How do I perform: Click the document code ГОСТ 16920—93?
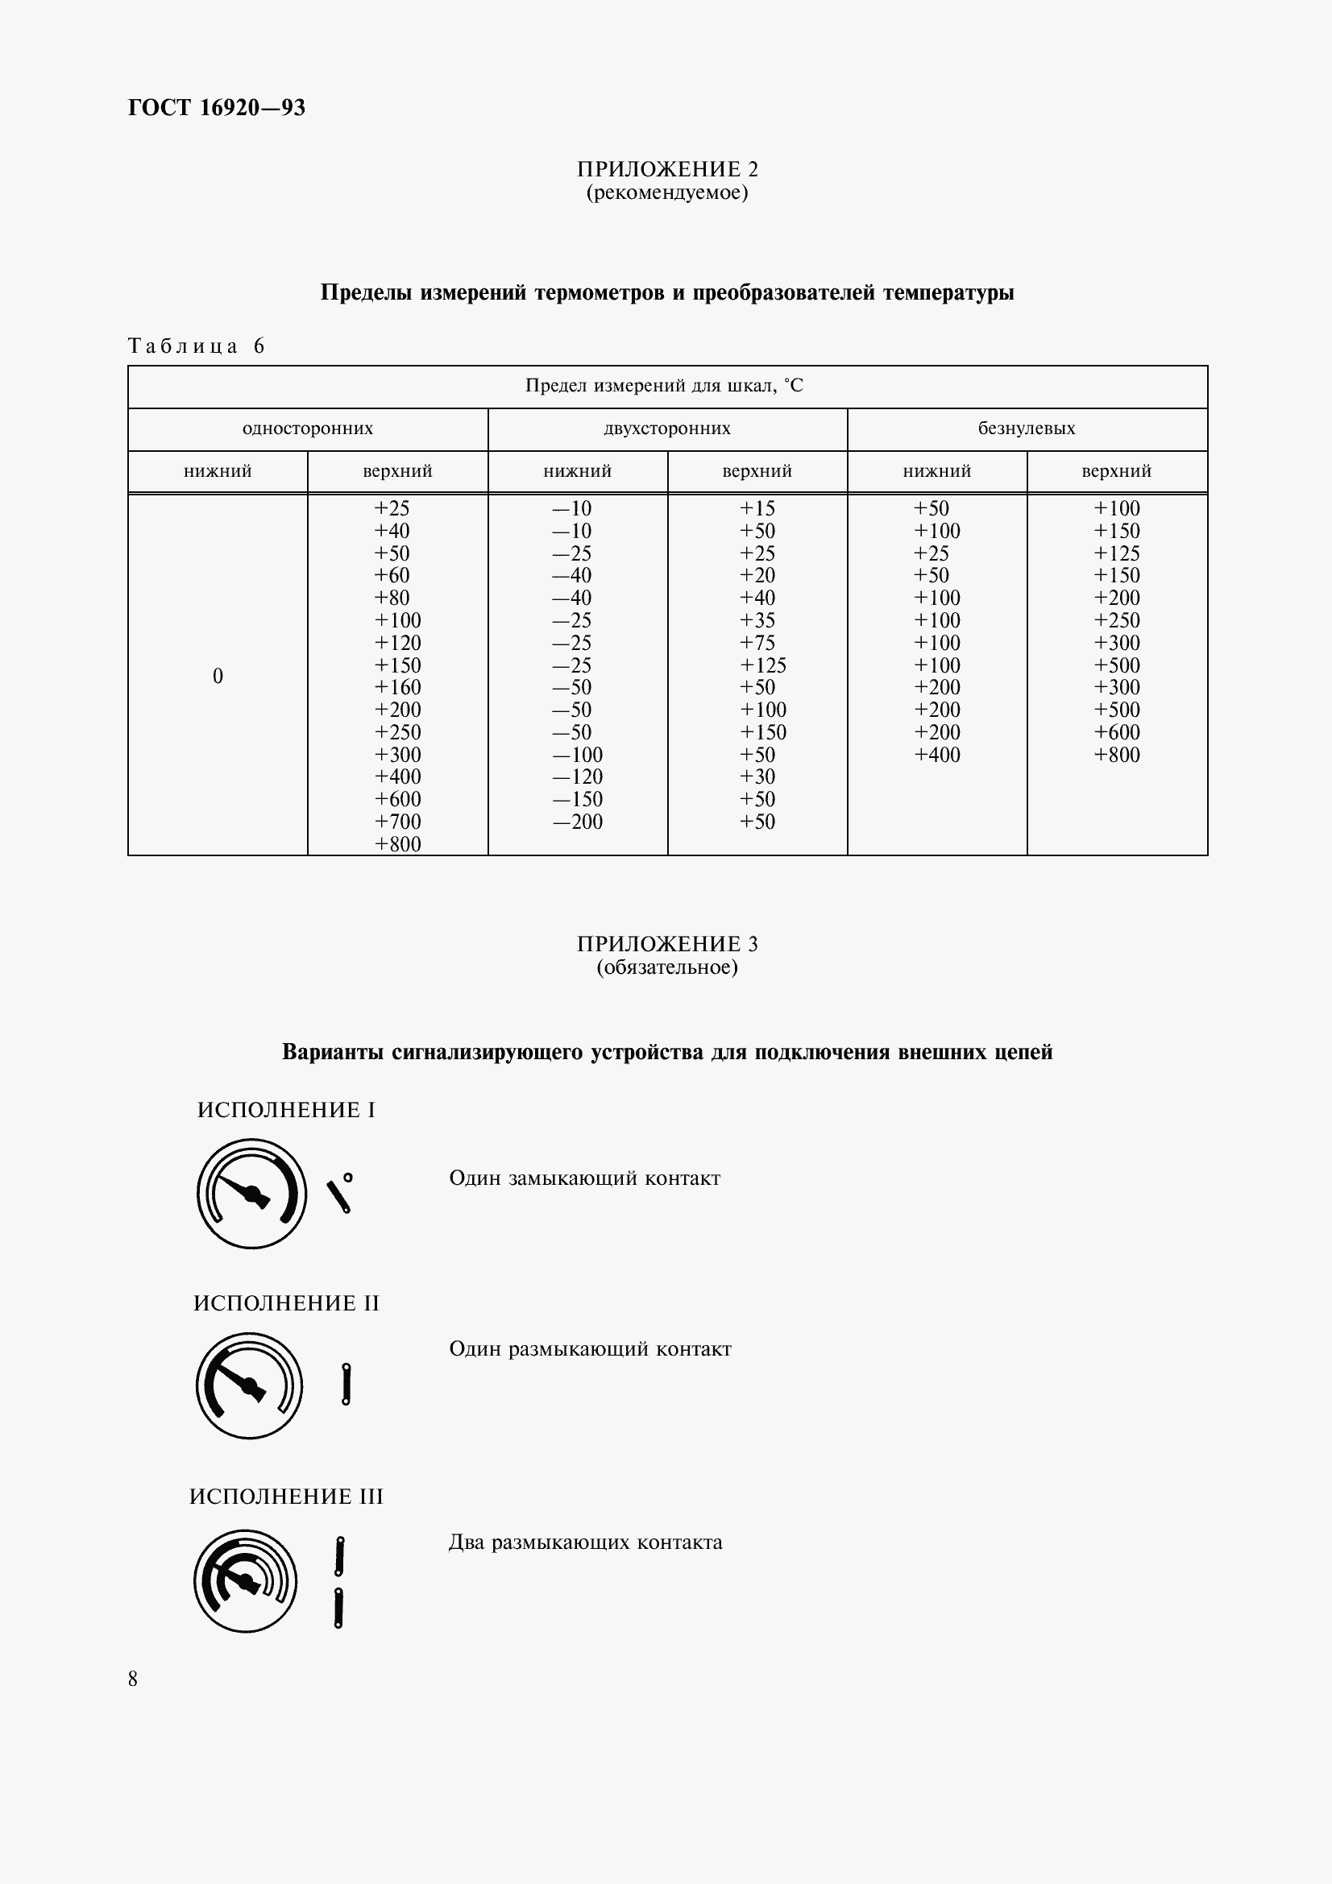(217, 107)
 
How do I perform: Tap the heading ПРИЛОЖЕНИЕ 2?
(666, 169)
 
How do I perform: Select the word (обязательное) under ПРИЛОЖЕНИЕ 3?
(666, 967)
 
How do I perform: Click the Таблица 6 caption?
(197, 346)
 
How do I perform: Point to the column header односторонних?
(308, 429)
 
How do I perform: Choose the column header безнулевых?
(1026, 429)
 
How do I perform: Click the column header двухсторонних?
(666, 429)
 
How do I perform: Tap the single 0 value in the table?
(218, 675)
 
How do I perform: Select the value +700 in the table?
(397, 822)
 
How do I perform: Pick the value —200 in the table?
(577, 822)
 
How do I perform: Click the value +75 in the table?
(757, 643)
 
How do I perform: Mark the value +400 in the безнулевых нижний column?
(936, 755)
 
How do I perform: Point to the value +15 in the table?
(757, 508)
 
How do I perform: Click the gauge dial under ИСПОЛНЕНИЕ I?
(251, 1194)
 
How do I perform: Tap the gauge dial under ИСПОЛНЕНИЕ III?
(246, 1580)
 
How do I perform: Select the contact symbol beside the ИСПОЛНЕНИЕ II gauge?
(346, 1385)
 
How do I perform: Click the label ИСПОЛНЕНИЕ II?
(286, 1304)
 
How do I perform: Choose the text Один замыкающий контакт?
(584, 1178)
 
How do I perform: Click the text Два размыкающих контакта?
(585, 1542)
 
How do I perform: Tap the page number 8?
(133, 1678)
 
